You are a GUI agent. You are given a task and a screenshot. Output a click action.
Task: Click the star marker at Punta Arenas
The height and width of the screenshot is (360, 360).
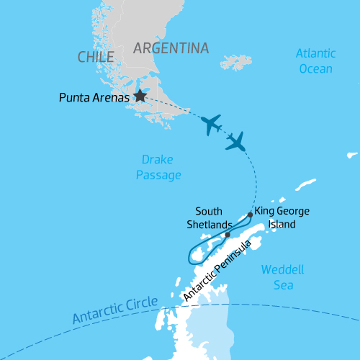pyautogui.click(x=140, y=95)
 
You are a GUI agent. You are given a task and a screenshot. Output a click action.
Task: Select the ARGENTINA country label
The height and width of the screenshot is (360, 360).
pyautogui.click(x=171, y=48)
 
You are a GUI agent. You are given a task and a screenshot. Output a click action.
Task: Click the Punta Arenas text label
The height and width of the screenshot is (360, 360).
pyautogui.click(x=94, y=96)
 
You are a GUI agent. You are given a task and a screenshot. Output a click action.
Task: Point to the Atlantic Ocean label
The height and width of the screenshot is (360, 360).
pyautogui.click(x=315, y=61)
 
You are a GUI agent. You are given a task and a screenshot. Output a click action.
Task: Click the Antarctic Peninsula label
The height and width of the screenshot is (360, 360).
pyautogui.click(x=217, y=271)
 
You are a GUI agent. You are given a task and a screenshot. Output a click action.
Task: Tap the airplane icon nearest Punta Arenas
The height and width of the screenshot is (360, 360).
pyautogui.click(x=211, y=125)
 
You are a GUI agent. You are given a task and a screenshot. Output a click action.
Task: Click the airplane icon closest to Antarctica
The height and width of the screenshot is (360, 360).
pyautogui.click(x=235, y=141)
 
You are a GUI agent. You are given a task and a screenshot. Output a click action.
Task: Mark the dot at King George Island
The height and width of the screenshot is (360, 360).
pyautogui.click(x=250, y=215)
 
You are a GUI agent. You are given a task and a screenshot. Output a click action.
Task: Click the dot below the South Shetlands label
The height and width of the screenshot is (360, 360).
pyautogui.click(x=227, y=235)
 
